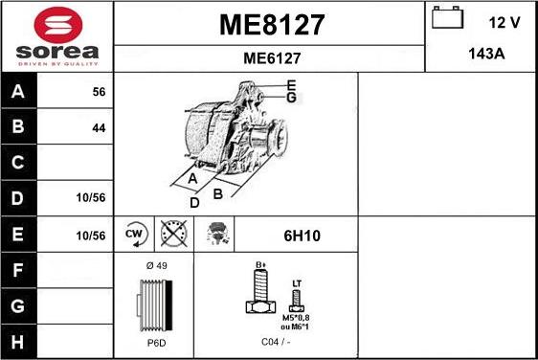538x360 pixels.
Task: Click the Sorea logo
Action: point(56,35)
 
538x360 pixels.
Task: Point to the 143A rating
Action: point(485,54)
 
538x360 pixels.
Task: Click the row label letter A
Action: point(18,93)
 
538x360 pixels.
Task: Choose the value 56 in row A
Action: point(99,93)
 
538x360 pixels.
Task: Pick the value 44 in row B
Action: point(99,127)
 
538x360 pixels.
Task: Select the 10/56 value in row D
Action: point(92,197)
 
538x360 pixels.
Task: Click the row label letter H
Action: point(18,340)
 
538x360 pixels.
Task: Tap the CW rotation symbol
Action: point(134,233)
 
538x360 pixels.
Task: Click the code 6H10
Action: point(295,234)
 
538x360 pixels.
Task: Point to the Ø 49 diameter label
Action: point(155,265)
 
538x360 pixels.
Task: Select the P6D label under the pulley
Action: point(155,342)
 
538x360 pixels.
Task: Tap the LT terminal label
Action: point(296,283)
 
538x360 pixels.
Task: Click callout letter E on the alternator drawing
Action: point(291,85)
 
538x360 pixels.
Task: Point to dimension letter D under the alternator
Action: point(194,202)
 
